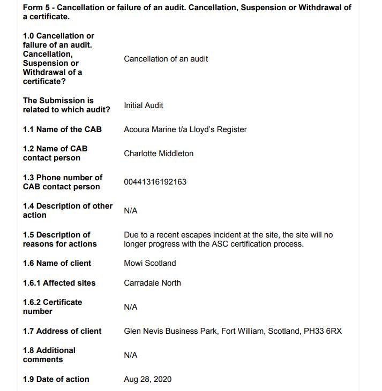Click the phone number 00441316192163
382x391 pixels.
155,182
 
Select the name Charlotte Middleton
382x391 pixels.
159,154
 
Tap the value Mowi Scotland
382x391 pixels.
149,263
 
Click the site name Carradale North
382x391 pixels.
152,283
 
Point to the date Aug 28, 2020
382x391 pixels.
147,379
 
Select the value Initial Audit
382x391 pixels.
143,105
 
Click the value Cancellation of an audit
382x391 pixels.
166,59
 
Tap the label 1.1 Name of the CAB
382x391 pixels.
62,129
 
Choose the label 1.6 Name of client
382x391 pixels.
57,263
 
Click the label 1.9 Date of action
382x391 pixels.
56,379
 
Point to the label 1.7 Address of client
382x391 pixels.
62,331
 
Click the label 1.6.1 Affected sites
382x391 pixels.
59,283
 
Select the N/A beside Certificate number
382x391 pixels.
130,307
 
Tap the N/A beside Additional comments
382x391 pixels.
130,355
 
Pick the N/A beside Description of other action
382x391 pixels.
130,211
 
